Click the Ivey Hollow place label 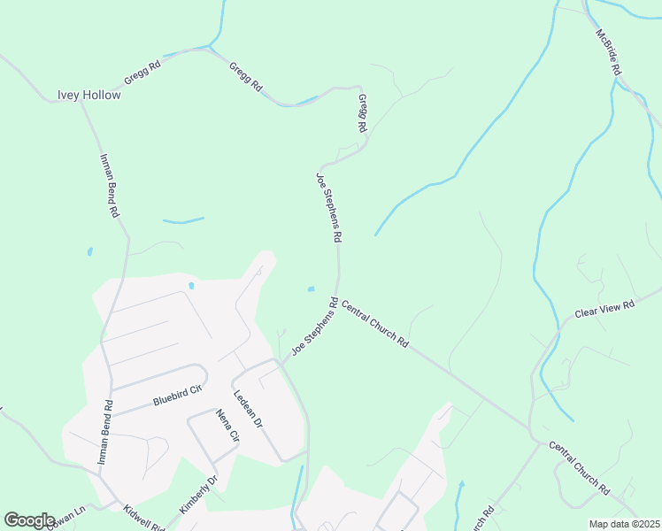point(89,95)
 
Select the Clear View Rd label point(605,309)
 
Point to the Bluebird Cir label point(178,394)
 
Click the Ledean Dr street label point(248,410)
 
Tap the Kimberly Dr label point(198,495)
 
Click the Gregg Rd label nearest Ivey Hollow point(142,72)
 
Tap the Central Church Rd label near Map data point(579,467)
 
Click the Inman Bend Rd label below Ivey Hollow point(109,186)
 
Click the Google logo point(30,519)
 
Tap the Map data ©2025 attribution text point(625,524)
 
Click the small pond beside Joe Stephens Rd point(311,289)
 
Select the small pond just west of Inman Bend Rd point(89,252)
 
